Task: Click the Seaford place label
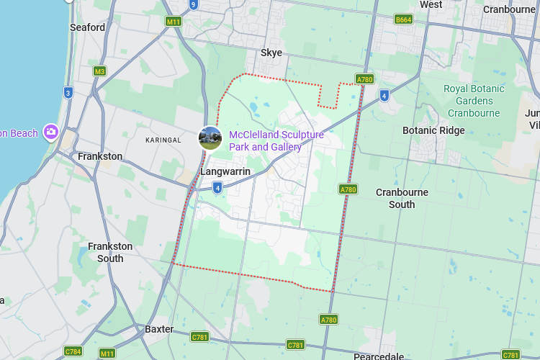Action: click(87, 27)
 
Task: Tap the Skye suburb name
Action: click(271, 53)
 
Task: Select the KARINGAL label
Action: click(163, 140)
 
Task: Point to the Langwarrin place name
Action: click(225, 171)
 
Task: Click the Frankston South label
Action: click(110, 252)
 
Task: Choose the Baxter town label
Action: click(159, 329)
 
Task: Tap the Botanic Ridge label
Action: click(433, 130)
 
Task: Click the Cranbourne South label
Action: click(402, 198)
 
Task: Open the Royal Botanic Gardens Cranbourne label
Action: click(474, 101)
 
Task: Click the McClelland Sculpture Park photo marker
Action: click(210, 138)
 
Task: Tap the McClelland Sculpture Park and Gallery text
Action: click(276, 140)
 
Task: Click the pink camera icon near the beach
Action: click(51, 132)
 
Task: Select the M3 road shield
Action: click(99, 71)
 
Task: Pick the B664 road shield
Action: click(403, 19)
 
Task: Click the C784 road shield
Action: click(73, 351)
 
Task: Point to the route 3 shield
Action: click(68, 92)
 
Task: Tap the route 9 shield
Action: click(193, 4)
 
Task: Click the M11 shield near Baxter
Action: click(107, 354)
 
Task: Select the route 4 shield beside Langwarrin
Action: click(217, 188)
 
